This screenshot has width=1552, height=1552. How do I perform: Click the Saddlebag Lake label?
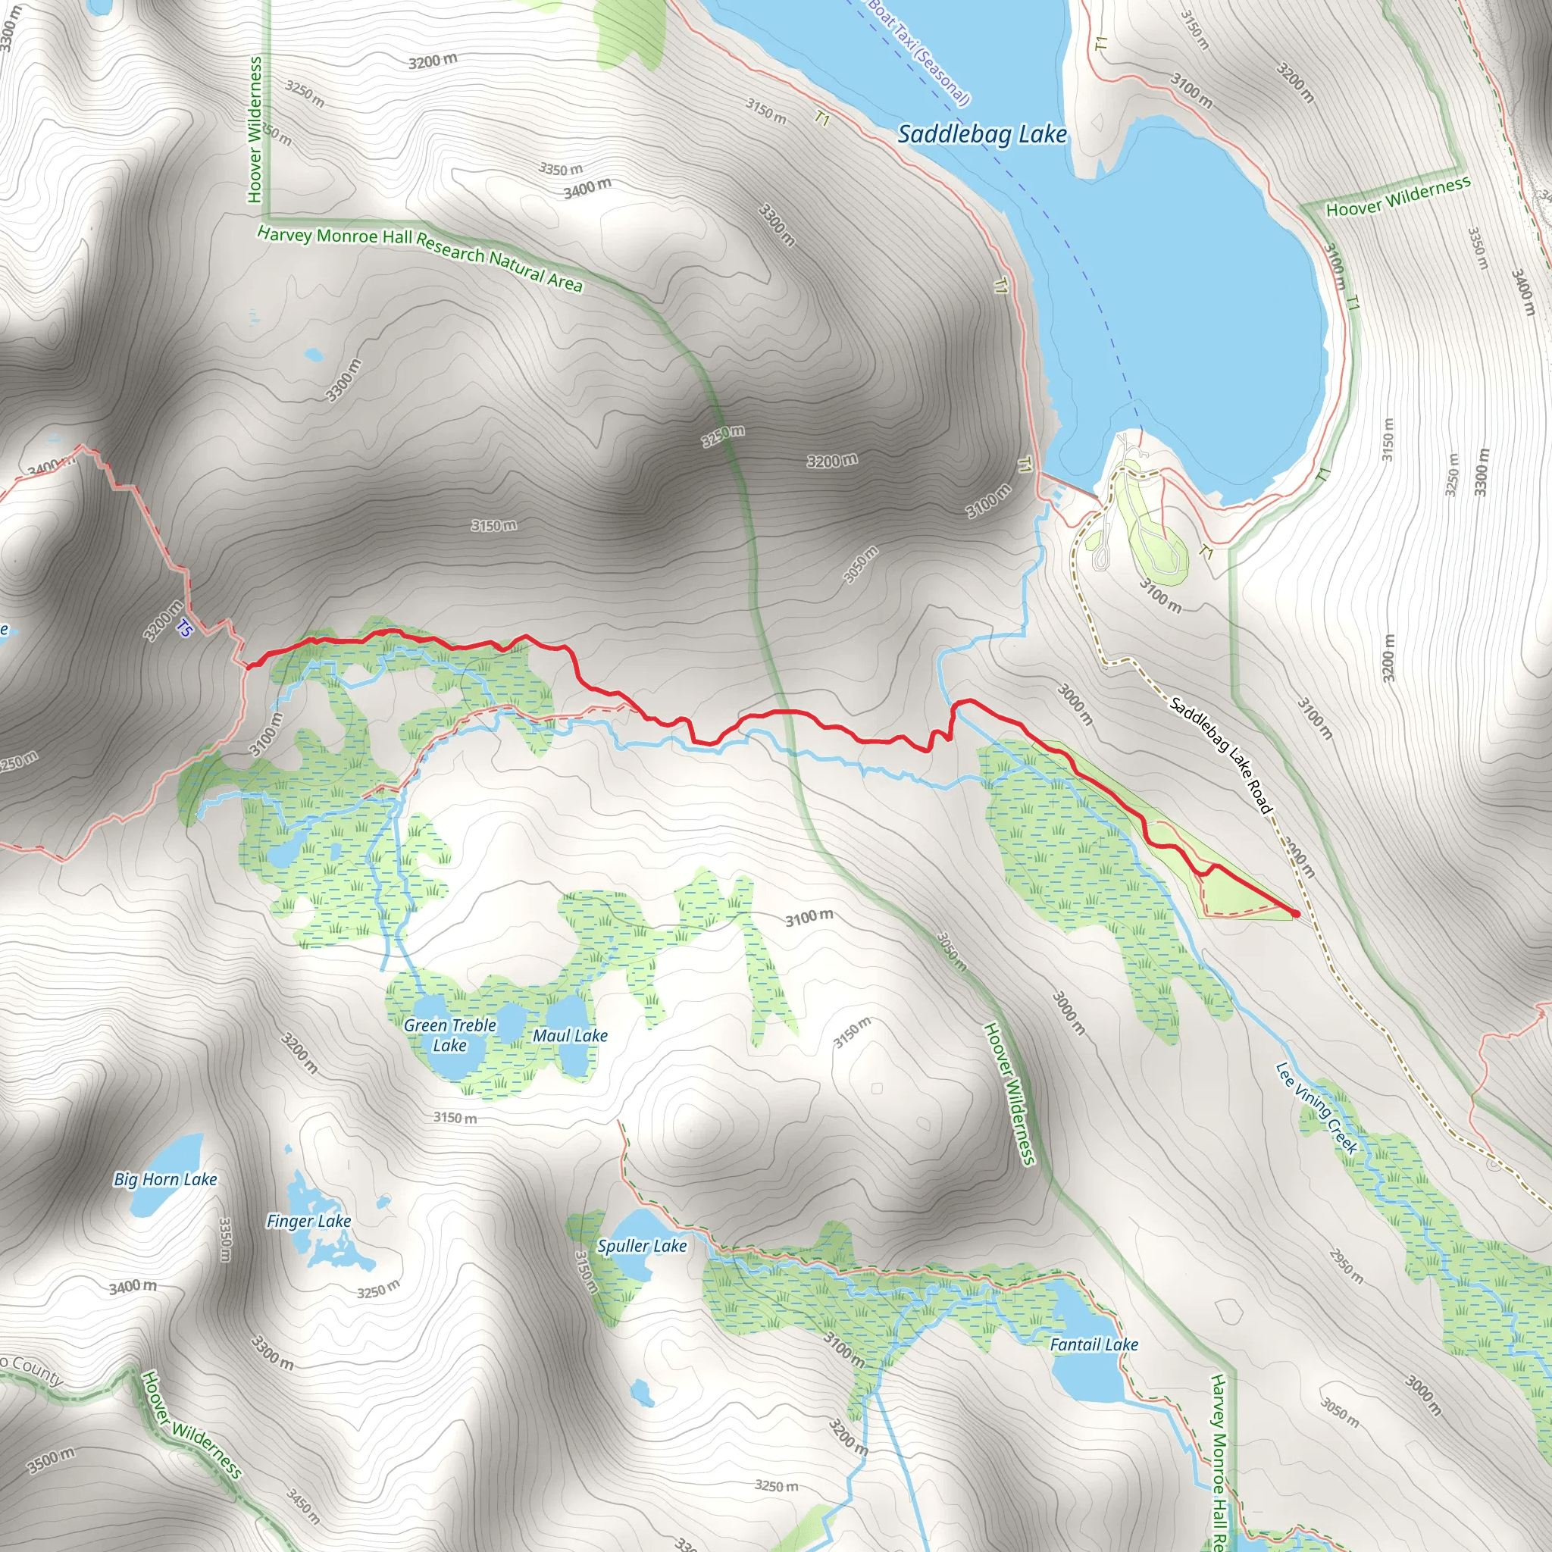pyautogui.click(x=981, y=134)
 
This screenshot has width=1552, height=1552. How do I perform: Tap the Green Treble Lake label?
pyautogui.click(x=449, y=1034)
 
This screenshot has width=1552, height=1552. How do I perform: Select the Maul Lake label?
pyautogui.click(x=570, y=1035)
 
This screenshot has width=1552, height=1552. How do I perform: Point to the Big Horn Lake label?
pyautogui.click(x=165, y=1179)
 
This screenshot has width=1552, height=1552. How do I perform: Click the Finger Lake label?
pyautogui.click(x=308, y=1221)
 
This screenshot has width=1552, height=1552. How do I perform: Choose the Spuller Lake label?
pyautogui.click(x=641, y=1246)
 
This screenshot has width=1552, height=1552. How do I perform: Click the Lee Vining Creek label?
pyautogui.click(x=1316, y=1108)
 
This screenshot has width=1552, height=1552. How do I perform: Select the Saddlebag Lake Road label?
pyautogui.click(x=1220, y=755)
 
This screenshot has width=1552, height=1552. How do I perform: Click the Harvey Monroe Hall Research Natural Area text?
pyautogui.click(x=419, y=258)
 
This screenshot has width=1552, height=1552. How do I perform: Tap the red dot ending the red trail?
pyautogui.click(x=1295, y=913)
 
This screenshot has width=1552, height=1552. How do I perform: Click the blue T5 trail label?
pyautogui.click(x=185, y=628)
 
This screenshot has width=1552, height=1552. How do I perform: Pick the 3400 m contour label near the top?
pyautogui.click(x=587, y=189)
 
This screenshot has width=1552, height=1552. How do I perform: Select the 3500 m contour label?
pyautogui.click(x=51, y=1460)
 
